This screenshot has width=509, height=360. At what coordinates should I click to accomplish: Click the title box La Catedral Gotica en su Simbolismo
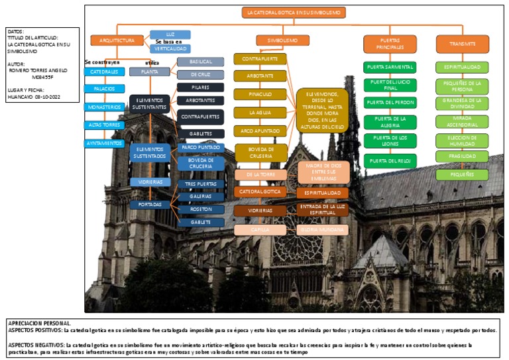click(x=293, y=13)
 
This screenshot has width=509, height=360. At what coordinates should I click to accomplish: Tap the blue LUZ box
click(x=170, y=34)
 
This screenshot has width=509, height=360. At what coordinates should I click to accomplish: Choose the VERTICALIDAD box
click(x=170, y=48)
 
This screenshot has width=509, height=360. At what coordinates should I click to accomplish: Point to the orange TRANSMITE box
click(x=462, y=44)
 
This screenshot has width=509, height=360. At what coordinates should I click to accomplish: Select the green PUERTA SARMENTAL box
click(x=390, y=67)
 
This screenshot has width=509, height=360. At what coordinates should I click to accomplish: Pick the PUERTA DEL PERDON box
click(x=390, y=103)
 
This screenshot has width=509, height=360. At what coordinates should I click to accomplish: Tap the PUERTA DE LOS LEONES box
click(x=390, y=140)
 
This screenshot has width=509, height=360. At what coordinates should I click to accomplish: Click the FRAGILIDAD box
click(x=462, y=156)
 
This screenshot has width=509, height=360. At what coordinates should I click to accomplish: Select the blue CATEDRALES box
click(x=104, y=72)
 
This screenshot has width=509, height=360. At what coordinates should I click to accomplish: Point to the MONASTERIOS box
click(x=104, y=107)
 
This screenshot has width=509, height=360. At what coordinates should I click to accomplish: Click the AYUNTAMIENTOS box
click(x=104, y=143)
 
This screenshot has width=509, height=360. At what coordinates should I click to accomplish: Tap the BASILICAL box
click(x=200, y=62)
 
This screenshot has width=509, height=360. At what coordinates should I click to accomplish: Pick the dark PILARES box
click(x=200, y=87)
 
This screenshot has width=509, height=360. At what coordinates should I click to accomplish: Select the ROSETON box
click(x=200, y=209)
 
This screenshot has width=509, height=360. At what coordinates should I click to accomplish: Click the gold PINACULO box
click(x=260, y=94)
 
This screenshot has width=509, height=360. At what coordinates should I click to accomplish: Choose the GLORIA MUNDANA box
click(x=322, y=229)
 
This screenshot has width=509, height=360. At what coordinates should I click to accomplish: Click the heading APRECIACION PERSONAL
click(x=38, y=323)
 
